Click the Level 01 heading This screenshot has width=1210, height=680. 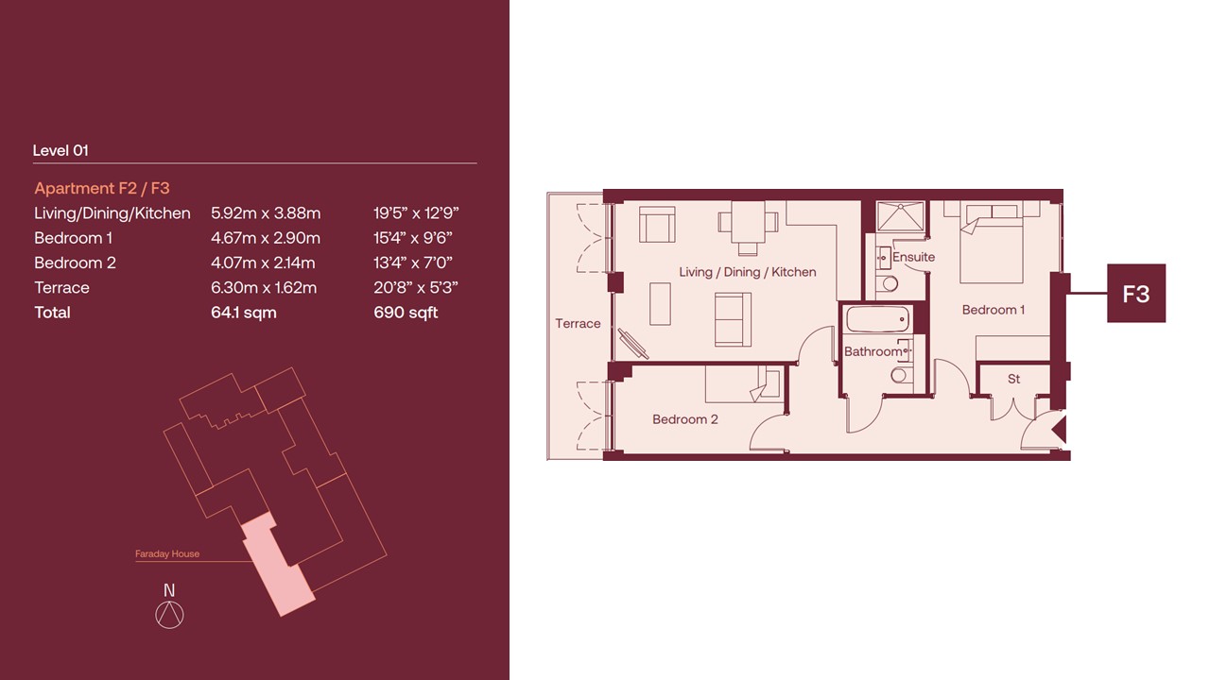60,150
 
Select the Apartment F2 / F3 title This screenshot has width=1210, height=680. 102,188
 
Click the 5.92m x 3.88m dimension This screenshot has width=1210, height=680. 266,213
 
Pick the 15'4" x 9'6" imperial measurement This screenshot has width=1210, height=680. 413,238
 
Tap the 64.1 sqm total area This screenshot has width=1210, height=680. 244,313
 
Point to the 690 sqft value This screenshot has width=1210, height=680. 406,313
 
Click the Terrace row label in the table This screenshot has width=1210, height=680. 61,288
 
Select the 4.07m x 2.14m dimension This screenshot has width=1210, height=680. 263,263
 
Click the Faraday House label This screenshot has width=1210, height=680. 167,553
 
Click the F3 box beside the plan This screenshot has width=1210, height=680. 1136,294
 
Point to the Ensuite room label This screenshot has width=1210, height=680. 913,257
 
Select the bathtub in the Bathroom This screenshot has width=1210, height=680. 878,319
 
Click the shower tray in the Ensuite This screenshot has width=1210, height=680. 901,216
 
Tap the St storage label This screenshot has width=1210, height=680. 1014,379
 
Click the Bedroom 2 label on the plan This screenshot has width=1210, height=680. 685,419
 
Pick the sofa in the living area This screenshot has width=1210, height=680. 733,319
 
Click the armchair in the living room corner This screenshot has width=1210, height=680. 657,225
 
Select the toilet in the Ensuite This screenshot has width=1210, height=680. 887,282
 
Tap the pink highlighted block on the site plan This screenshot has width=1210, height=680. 277,564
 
